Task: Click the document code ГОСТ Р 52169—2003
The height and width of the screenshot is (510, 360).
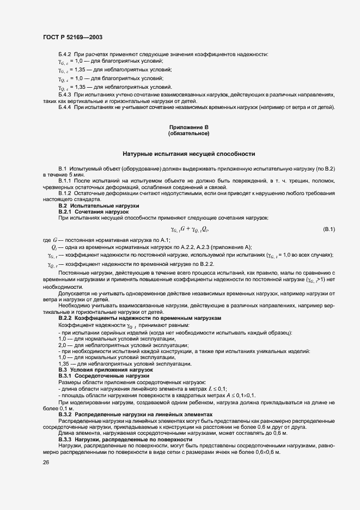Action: (72, 37)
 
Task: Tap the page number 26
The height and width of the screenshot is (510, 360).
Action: (45, 462)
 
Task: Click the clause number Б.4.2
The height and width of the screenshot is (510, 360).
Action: (65, 53)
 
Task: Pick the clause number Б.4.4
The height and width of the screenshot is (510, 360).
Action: (65, 107)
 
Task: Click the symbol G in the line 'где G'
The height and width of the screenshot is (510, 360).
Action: (55, 240)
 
